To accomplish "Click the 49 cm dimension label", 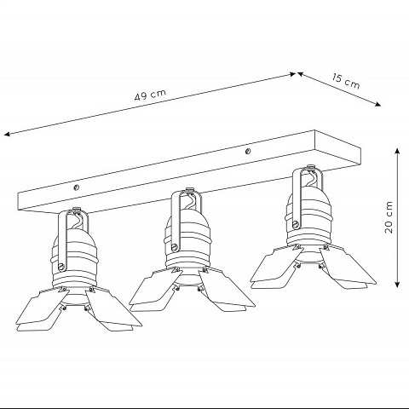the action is coord(150,95).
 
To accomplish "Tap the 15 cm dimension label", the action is coord(346,82).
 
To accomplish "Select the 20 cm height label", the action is coord(389,217).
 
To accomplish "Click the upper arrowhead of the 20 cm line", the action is coord(397,151).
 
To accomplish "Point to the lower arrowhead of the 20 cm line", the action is coord(397,285).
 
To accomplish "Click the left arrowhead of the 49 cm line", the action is coord(7,135).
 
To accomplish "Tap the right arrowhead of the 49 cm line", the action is coord(292,74).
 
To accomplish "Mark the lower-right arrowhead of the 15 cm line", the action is coord(377,105).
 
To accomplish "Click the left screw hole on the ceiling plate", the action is coord(76,187).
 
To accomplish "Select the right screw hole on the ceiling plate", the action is coord(248,152).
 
